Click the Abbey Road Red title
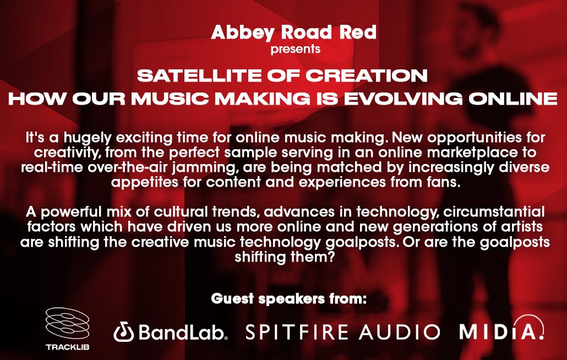click(x=293, y=32)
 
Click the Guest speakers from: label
click(x=288, y=301)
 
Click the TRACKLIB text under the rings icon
click(x=65, y=347)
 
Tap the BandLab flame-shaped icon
click(x=123, y=332)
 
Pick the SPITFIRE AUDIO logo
click(x=342, y=332)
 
